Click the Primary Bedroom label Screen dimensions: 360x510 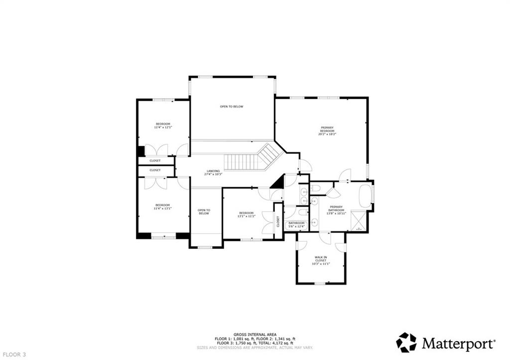coord(326,130)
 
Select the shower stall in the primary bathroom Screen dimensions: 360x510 coord(359,220)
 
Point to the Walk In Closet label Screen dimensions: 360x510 coord(321,260)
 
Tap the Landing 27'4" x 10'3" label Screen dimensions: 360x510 coord(213,172)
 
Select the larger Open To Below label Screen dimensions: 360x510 coord(232,107)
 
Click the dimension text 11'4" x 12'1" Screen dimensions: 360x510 coord(163,127)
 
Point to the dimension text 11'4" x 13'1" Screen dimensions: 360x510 coord(163,209)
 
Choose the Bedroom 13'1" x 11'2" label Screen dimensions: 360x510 coord(246,215)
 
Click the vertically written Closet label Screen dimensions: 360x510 coord(278,222)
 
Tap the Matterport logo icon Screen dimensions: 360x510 coord(406,343)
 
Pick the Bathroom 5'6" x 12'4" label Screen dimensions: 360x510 coord(296,225)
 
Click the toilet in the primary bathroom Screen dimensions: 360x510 coord(316,189)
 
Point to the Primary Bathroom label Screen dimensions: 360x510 coord(336,210)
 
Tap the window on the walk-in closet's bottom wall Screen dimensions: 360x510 coord(320,283)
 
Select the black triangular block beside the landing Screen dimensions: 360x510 coord(278,182)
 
